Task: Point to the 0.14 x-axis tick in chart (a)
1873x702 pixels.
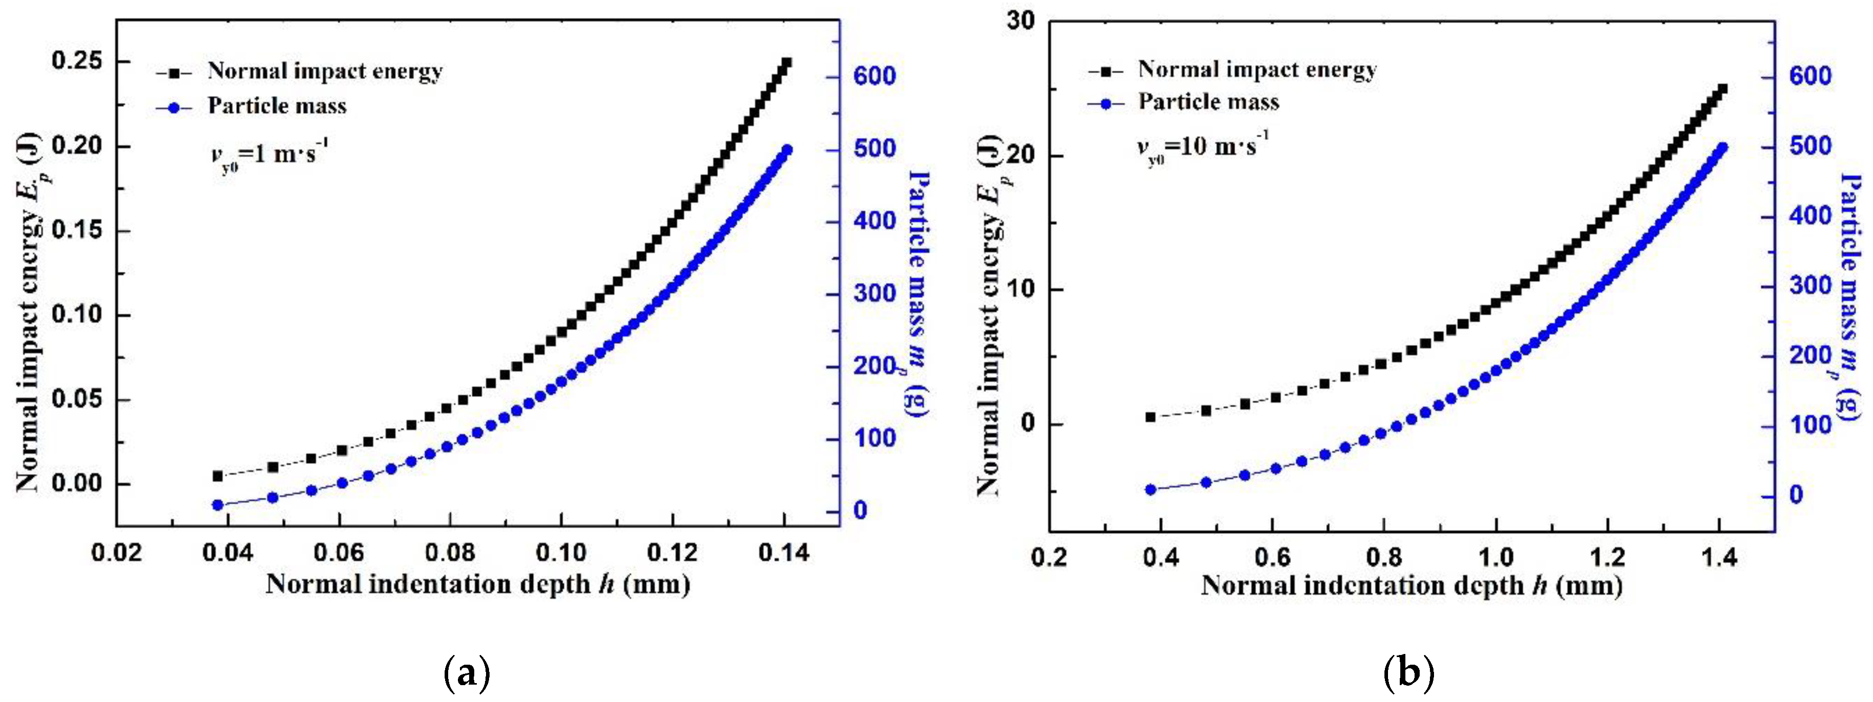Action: (784, 553)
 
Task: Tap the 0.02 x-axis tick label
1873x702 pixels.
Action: (117, 553)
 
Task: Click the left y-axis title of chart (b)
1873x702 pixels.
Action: (990, 317)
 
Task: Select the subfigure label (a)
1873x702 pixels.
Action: (466, 673)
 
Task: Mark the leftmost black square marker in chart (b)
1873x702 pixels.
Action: (1150, 417)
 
